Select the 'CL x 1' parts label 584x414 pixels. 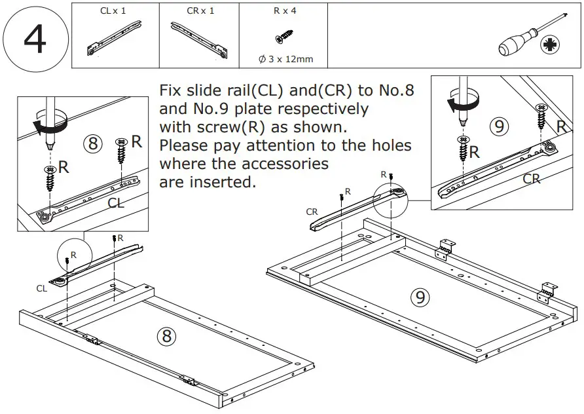(x=113, y=11)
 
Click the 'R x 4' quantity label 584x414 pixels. (x=284, y=11)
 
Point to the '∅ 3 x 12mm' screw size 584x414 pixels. (x=285, y=59)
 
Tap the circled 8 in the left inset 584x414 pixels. (x=93, y=143)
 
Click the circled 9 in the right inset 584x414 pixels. (x=500, y=126)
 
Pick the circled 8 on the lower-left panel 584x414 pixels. (x=166, y=336)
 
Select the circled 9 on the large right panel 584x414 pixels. (x=420, y=297)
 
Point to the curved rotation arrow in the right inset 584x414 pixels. (x=460, y=104)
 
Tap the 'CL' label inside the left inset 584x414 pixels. (x=116, y=203)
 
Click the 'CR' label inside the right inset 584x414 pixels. (x=531, y=178)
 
